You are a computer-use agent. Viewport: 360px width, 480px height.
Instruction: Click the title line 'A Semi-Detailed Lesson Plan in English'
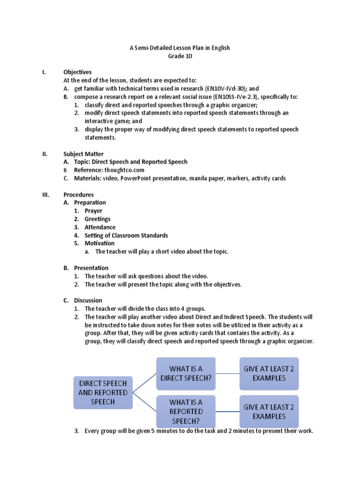coord(180,48)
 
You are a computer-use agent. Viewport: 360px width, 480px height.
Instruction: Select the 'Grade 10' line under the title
coord(180,56)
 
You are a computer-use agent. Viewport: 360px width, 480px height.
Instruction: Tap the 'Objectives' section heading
coord(77,72)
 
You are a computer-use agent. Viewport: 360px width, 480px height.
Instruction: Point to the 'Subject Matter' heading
coord(83,154)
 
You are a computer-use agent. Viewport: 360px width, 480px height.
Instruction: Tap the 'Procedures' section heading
coord(78,195)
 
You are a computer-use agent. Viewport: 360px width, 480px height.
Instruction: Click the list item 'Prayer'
coord(93,211)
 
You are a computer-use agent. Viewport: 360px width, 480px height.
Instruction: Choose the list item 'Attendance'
coord(100,227)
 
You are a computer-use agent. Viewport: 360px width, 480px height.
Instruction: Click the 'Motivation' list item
coord(99,243)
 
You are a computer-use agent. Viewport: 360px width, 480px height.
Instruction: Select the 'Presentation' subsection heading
coord(91,268)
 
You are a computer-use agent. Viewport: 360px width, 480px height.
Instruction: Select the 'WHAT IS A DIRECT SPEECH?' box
coord(186,374)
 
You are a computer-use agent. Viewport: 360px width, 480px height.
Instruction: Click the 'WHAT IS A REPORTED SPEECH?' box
coord(186,411)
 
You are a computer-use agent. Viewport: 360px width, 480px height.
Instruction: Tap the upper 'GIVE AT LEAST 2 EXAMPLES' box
coord(269,373)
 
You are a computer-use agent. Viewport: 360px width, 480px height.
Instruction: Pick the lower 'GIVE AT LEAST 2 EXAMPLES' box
coord(269,411)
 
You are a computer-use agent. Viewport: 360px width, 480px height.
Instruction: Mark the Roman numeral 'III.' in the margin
coord(46,195)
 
